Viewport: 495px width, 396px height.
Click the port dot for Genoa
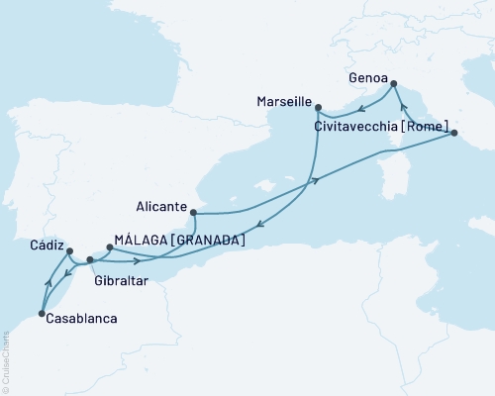pos(394,85)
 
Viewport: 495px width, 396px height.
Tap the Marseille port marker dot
pos(318,107)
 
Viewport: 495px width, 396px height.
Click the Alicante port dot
pos(194,212)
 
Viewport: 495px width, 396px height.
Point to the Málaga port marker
pos(108,248)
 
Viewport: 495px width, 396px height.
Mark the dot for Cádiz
pos(68,251)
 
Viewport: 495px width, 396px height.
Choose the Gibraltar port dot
pos(90,260)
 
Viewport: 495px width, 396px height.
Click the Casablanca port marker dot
pos(41,315)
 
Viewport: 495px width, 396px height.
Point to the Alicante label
pos(160,208)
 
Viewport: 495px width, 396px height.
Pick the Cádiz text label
pos(48,245)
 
